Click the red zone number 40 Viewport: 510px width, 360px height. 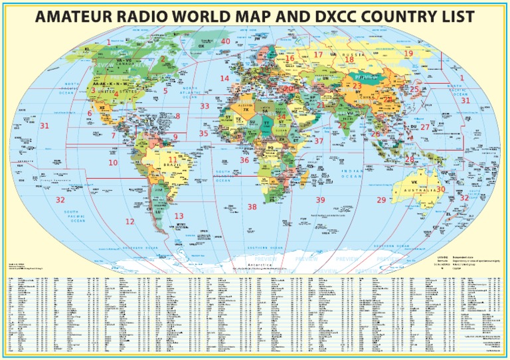click(x=226, y=41)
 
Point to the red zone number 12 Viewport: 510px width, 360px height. click(x=129, y=222)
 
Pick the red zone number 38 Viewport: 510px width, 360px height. click(x=252, y=207)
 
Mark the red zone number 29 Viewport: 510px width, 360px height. click(x=381, y=200)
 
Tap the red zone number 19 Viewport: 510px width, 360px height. click(x=408, y=53)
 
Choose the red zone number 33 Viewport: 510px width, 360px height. click(x=205, y=106)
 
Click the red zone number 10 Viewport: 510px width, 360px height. click(x=113, y=163)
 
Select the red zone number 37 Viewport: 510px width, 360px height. click(x=319, y=141)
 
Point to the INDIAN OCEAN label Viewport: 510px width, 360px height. click(x=352, y=174)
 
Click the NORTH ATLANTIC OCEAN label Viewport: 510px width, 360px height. click(x=191, y=92)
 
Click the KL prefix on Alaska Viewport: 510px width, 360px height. click(x=87, y=49)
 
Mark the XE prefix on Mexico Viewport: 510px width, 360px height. click(x=102, y=107)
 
